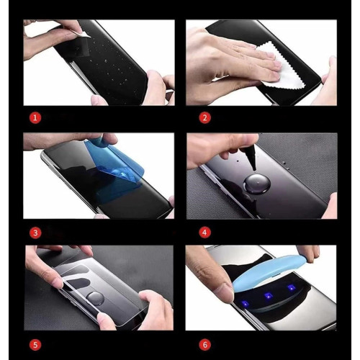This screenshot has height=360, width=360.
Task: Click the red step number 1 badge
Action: [x=35, y=118]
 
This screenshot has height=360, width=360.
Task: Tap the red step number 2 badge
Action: [x=204, y=118]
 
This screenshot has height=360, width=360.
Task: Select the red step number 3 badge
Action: [x=35, y=233]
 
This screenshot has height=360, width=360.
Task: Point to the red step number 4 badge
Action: [x=204, y=233]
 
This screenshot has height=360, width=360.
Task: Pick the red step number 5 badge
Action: [x=35, y=345]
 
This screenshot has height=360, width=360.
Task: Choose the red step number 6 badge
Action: [x=204, y=345]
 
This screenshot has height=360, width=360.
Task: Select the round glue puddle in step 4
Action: [x=257, y=184]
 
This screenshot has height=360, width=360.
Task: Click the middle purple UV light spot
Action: [x=268, y=295]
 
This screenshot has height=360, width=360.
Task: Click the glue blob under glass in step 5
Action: [x=95, y=298]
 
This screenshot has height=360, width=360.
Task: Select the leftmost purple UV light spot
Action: [x=245, y=304]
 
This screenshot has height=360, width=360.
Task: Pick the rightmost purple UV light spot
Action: [x=292, y=287]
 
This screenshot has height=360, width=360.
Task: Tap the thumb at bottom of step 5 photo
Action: [x=106, y=320]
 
